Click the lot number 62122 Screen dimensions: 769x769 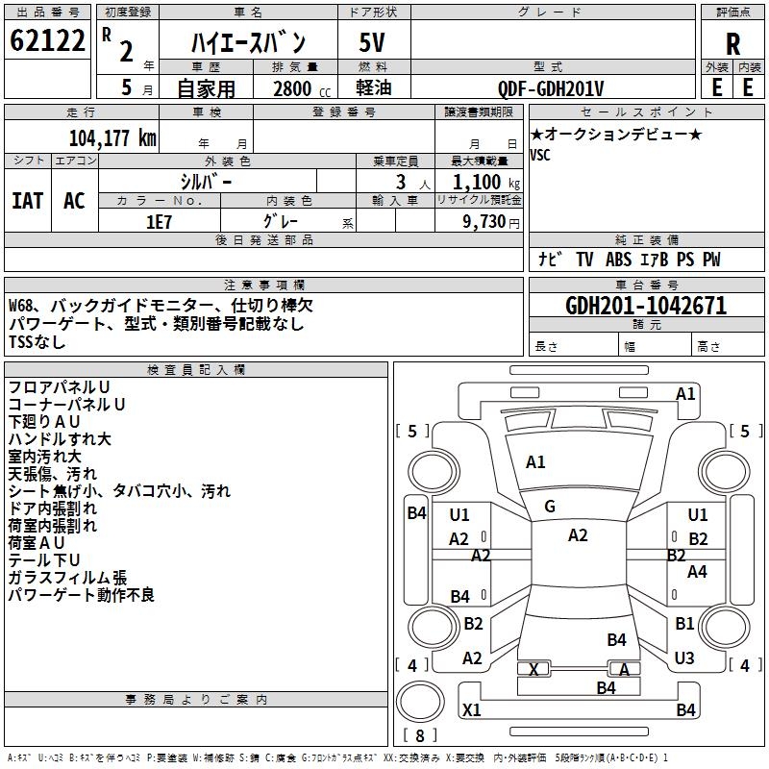coord(47,39)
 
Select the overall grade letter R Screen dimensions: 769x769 coord(732,43)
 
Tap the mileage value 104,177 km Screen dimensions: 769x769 coord(112,137)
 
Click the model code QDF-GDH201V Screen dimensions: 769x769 coord(550,88)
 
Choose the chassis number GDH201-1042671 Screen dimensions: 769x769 coord(646,306)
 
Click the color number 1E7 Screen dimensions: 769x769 coord(159,222)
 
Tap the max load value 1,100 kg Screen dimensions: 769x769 coord(486,182)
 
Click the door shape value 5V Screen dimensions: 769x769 coord(372,42)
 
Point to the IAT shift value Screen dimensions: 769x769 coord(28,201)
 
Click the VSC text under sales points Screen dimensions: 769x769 coord(540,155)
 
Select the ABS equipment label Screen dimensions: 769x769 coord(618,260)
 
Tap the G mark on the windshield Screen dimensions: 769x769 coord(550,507)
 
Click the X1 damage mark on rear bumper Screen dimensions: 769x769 coord(472,709)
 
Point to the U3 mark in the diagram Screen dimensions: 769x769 coord(684,657)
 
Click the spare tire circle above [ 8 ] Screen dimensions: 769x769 coord(420,701)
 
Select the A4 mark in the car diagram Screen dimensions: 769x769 coord(697,571)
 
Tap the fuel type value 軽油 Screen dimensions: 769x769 coord(373,87)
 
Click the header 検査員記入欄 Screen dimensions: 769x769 coord(196,370)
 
